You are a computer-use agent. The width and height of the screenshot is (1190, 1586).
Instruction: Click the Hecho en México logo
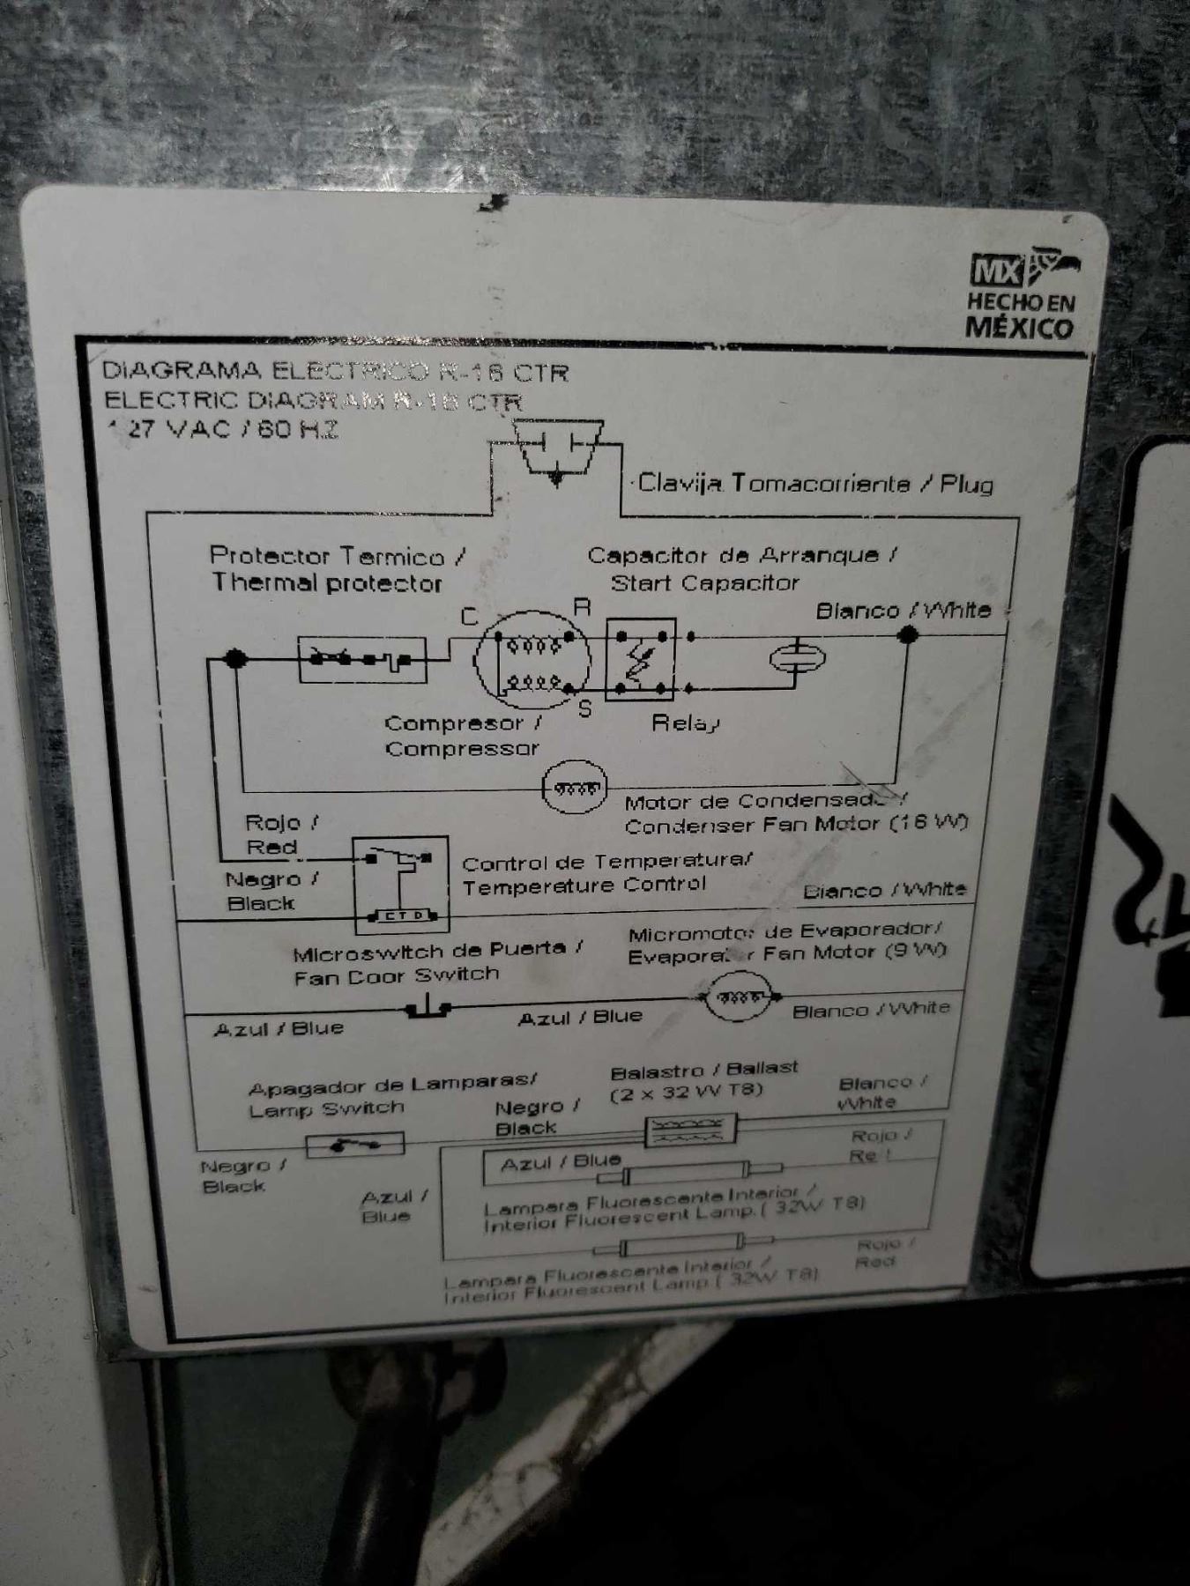click(x=1023, y=297)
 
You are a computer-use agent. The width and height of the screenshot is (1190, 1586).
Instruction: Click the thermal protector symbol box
click(x=362, y=658)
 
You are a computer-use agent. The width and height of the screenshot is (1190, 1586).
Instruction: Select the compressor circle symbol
click(x=532, y=659)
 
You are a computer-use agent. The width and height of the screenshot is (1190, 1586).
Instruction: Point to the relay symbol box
click(x=641, y=659)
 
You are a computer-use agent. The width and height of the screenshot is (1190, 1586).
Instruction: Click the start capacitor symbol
click(x=798, y=658)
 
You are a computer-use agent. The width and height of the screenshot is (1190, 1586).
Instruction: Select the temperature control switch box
click(x=401, y=884)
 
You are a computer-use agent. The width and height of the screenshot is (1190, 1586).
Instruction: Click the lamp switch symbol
click(x=354, y=1145)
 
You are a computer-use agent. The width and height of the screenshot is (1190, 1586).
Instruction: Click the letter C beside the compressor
click(x=470, y=617)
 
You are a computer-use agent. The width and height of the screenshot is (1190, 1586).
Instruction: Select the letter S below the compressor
click(x=584, y=708)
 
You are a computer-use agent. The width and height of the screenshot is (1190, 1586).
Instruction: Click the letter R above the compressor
click(x=582, y=607)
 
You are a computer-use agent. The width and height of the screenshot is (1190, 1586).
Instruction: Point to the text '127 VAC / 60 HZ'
click(x=223, y=431)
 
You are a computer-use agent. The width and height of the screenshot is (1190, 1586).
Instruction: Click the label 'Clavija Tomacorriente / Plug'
click(x=815, y=483)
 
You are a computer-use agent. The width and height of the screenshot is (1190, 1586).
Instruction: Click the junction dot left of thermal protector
click(x=234, y=658)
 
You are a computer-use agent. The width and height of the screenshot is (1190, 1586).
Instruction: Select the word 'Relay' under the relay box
click(x=686, y=723)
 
